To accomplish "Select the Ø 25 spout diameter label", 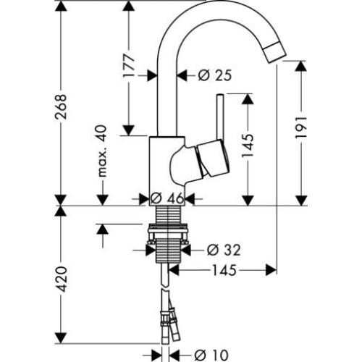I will click(214, 74).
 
